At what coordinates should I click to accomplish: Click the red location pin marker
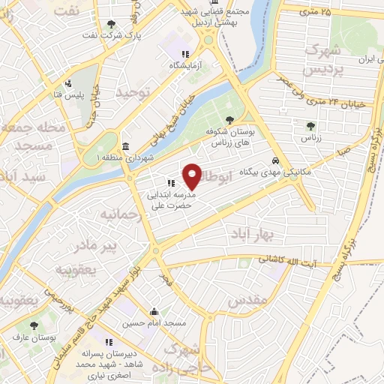193,175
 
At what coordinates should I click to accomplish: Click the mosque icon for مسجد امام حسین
154,312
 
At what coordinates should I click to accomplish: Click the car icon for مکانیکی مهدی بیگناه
277,161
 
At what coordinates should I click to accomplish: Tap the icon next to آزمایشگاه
184,54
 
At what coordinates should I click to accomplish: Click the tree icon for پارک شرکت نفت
112,25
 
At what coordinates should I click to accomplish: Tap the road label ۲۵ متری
313,11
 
